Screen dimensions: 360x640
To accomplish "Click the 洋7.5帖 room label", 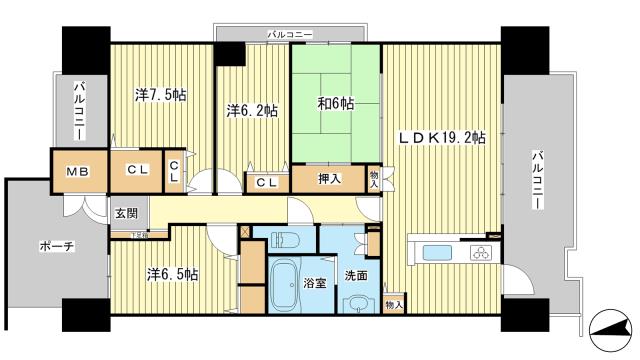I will click(x=160, y=95).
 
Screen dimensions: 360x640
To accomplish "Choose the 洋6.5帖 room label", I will click(x=173, y=273).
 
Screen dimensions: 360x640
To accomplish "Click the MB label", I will click(x=77, y=171).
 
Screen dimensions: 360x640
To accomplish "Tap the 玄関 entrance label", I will click(x=126, y=212).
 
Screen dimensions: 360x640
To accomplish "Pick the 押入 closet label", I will click(x=329, y=180).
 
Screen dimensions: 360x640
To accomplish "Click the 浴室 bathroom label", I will click(x=315, y=283).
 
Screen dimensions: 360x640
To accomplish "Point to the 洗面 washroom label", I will click(x=357, y=276).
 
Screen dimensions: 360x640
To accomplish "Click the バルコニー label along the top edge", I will click(x=290, y=35).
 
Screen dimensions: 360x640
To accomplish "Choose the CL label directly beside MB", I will click(x=137, y=171).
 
